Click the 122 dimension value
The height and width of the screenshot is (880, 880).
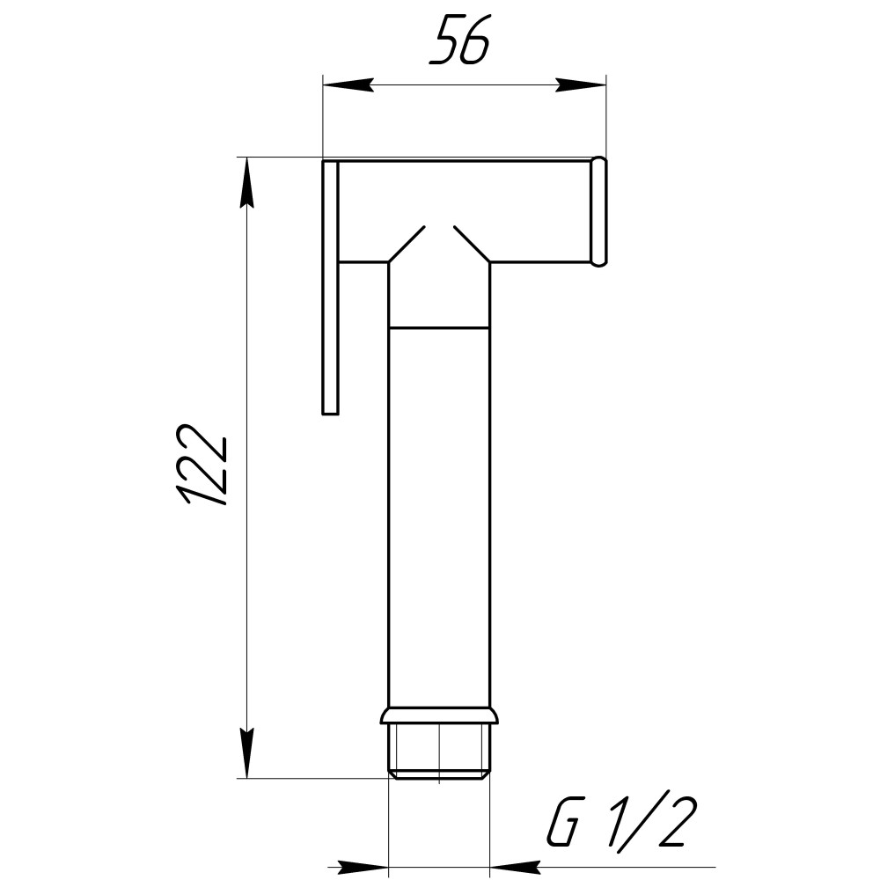[202, 465]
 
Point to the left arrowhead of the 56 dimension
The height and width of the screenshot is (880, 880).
[348, 85]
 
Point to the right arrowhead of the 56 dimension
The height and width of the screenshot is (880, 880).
[582, 85]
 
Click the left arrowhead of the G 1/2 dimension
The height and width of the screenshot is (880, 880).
[363, 867]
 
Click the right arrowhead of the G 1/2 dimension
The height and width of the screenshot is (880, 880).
[515, 867]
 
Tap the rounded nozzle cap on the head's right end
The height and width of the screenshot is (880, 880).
[599, 211]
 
